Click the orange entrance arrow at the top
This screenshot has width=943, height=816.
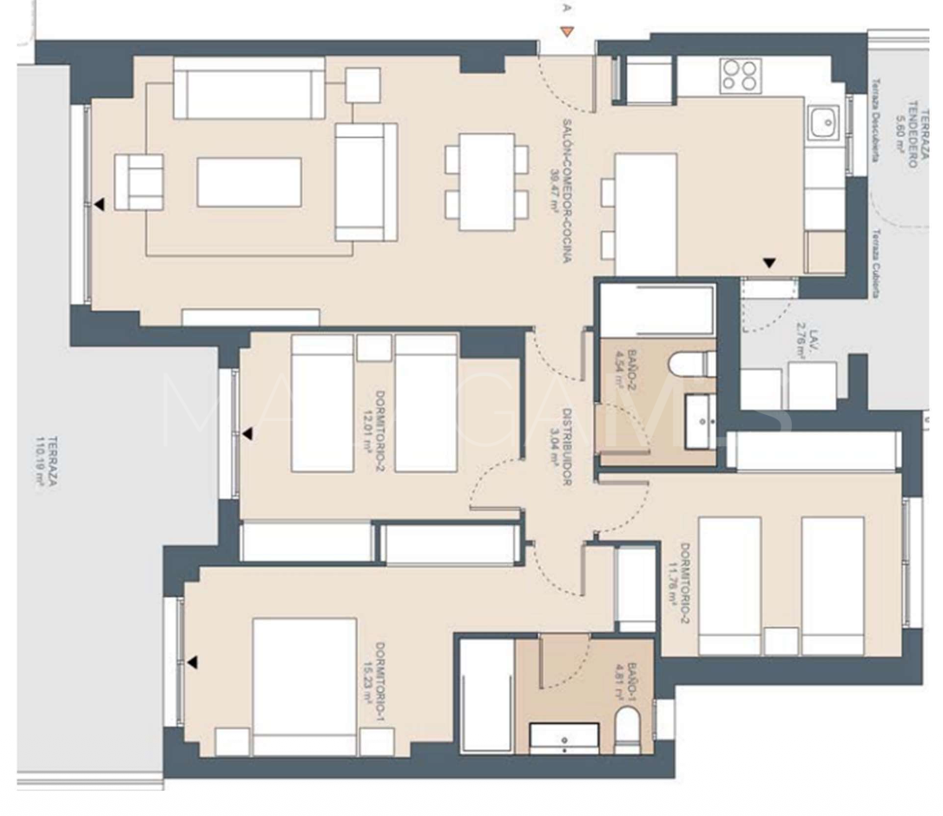pos(566,33)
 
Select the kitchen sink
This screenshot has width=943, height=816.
pos(820,123)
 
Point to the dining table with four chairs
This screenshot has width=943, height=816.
pos(486,181)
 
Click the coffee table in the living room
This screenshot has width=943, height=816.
pos(249,182)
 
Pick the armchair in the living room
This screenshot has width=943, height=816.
pos(139,181)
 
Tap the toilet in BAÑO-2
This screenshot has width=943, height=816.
pos(701,365)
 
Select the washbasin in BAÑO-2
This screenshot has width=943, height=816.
pos(700,422)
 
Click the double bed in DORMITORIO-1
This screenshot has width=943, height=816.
pos(304,686)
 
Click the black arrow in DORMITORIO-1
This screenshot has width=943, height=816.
pos(192,663)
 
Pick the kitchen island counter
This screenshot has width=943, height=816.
pos(645,214)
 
